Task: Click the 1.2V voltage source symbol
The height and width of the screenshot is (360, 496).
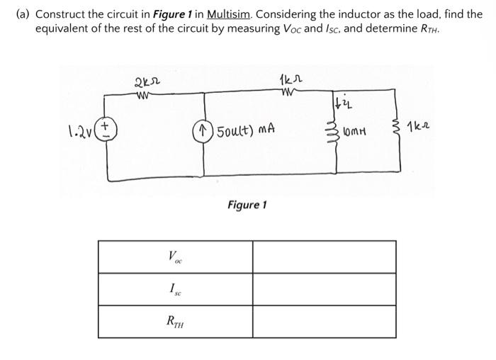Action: click(x=108, y=130)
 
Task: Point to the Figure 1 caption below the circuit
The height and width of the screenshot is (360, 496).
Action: click(x=247, y=205)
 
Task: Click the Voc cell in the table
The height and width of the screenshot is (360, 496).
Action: click(x=174, y=257)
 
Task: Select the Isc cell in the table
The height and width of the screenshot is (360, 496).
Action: click(x=174, y=289)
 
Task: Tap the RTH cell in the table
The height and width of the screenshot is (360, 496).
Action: click(x=174, y=321)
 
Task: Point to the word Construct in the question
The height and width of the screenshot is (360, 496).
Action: click(x=58, y=13)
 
